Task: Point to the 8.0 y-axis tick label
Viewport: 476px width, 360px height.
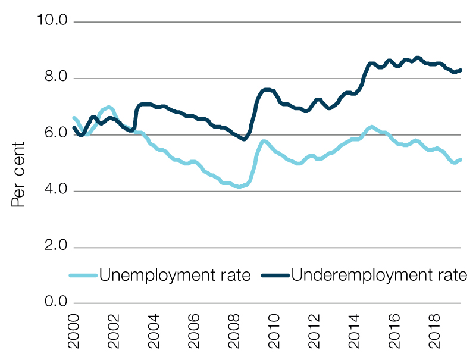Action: tap(54, 79)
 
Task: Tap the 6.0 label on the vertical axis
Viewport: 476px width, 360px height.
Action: tap(54, 134)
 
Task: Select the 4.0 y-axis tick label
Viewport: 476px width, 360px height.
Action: tap(54, 191)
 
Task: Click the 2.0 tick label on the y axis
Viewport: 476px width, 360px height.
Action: tap(54, 247)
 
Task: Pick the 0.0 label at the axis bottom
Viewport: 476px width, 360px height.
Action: tap(54, 303)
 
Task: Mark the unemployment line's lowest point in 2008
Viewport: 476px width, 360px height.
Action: tap(239, 187)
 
